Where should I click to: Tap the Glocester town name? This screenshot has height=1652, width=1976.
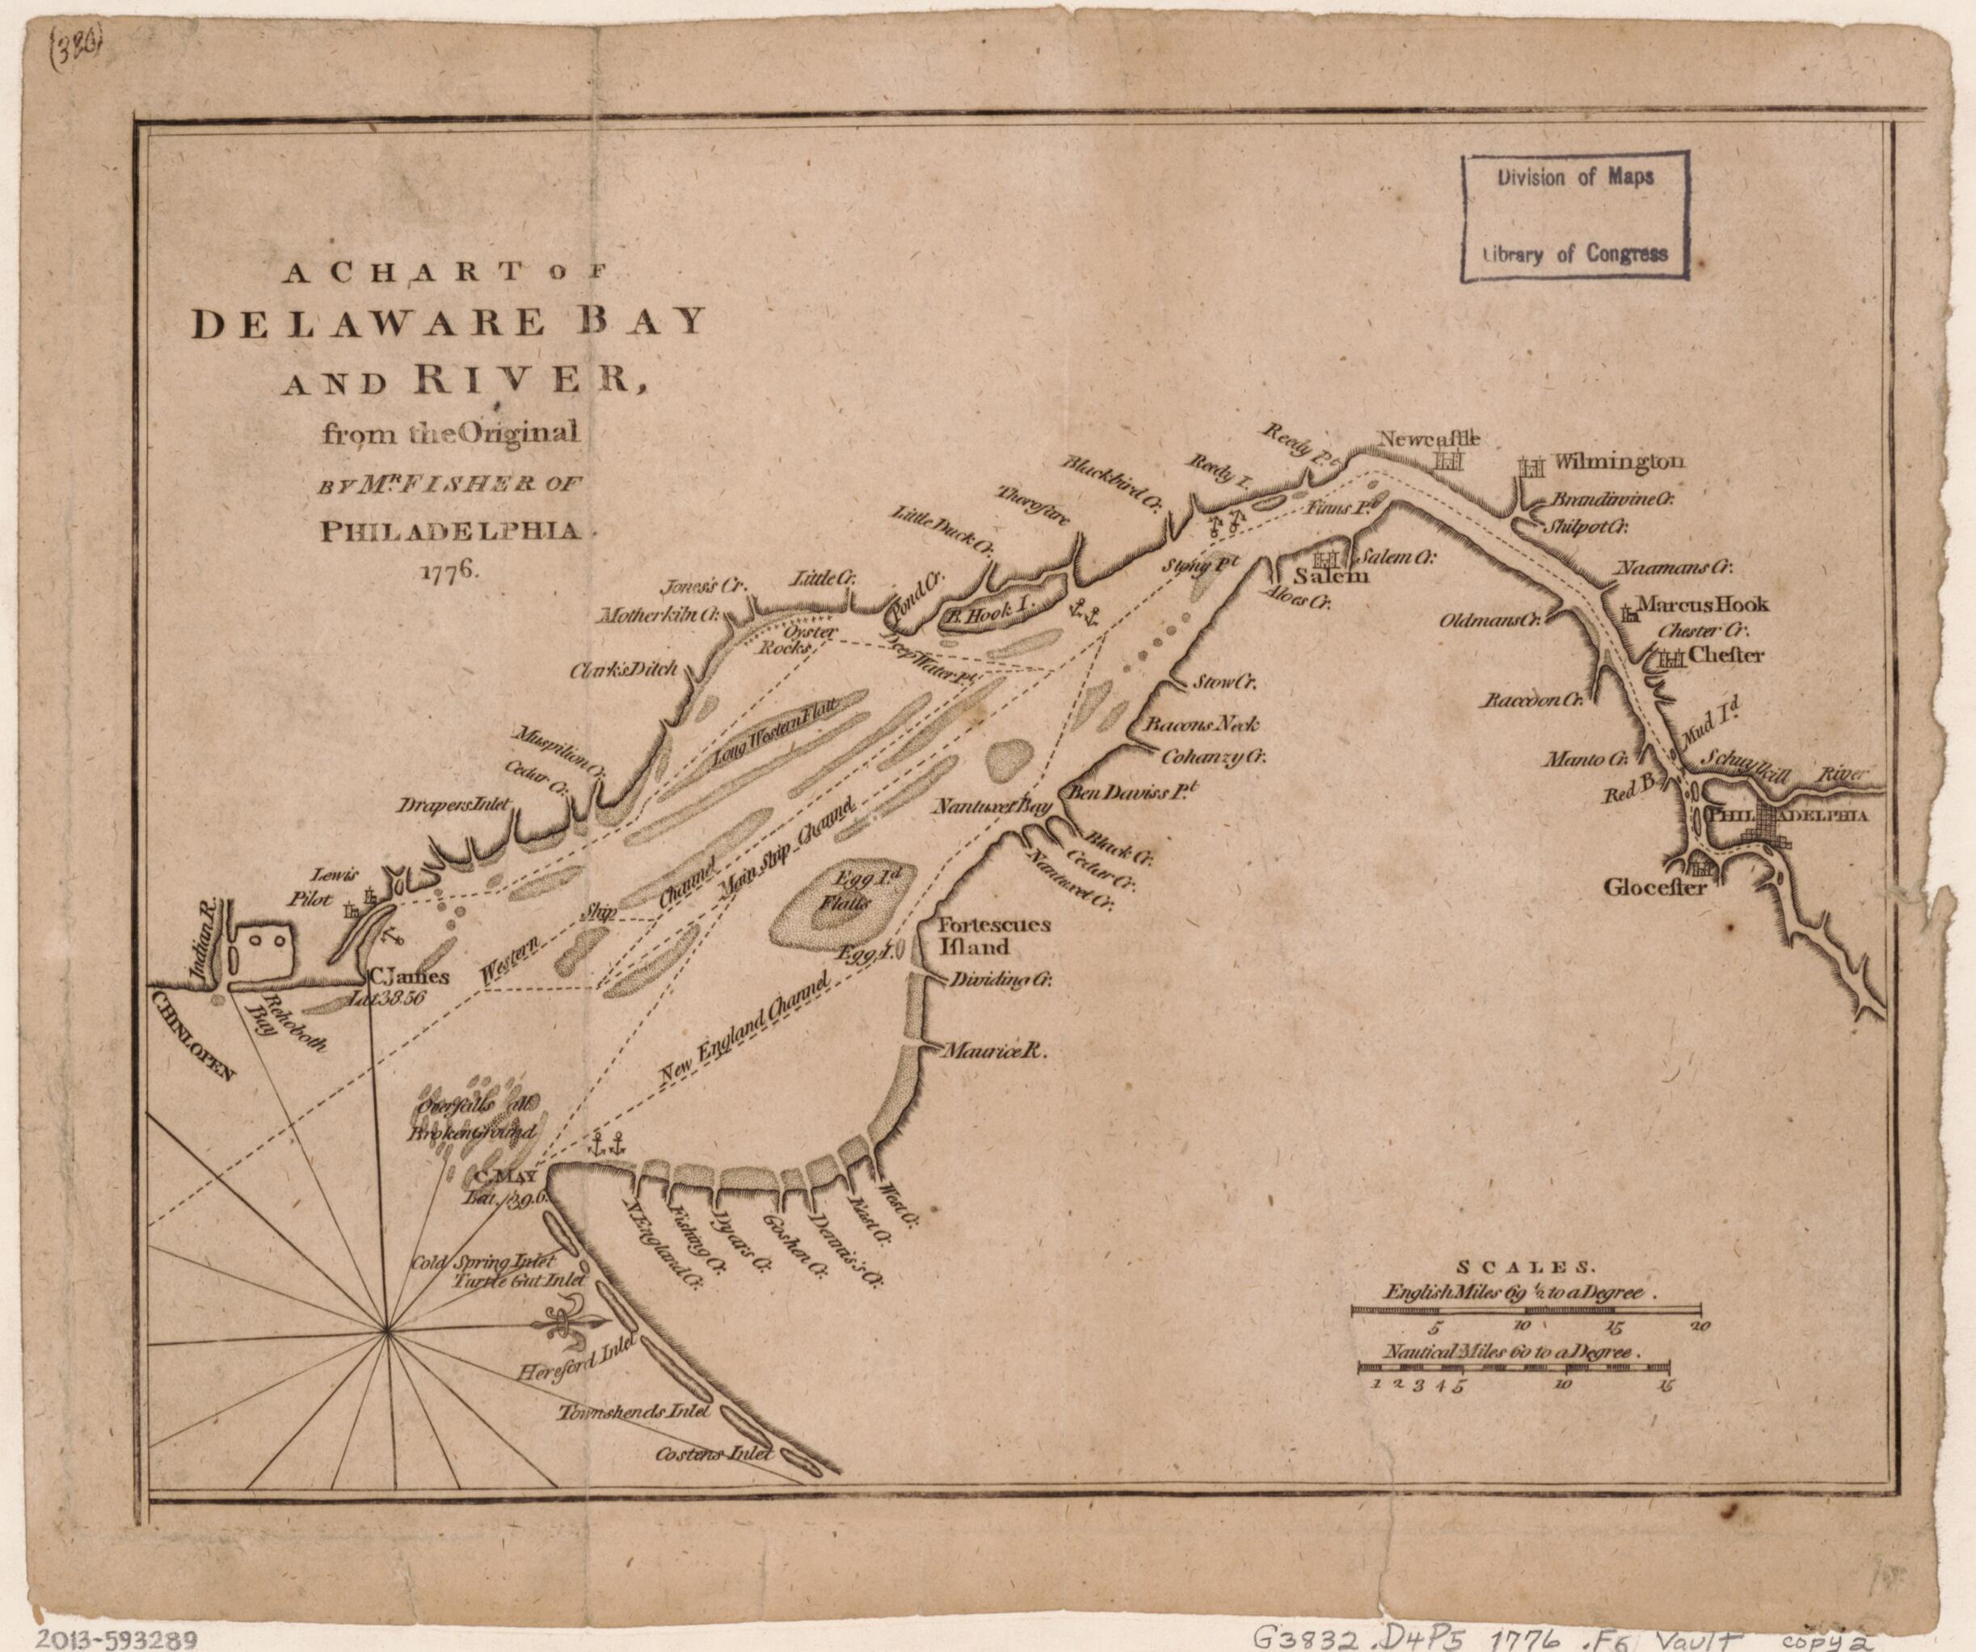(1655, 886)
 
